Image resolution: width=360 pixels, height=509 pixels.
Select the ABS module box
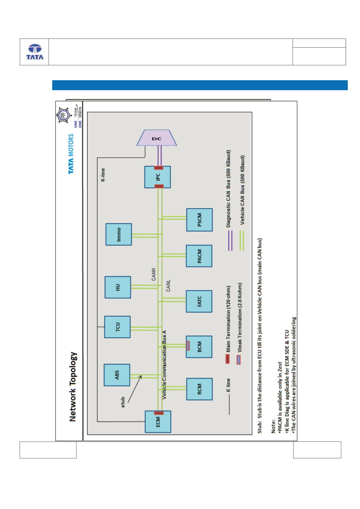tap(117, 375)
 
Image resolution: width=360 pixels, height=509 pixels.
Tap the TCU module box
tap(117, 327)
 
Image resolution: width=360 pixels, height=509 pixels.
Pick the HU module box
tap(118, 287)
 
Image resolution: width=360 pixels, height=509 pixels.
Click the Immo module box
tap(119, 234)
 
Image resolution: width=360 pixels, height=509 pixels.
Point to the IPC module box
tap(157, 177)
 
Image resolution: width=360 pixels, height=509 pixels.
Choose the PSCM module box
tap(200, 220)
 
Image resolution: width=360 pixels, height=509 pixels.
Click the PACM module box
tap(199, 256)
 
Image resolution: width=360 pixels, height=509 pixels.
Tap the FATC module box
tap(199, 301)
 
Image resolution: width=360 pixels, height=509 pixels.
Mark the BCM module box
tap(199, 347)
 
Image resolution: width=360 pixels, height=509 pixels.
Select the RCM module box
tap(200, 389)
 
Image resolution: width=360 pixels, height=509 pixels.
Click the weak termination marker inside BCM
tap(188, 346)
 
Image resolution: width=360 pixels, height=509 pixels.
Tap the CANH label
tap(154, 274)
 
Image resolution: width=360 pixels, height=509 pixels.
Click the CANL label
tap(168, 286)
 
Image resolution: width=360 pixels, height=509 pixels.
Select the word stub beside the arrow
tap(123, 402)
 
